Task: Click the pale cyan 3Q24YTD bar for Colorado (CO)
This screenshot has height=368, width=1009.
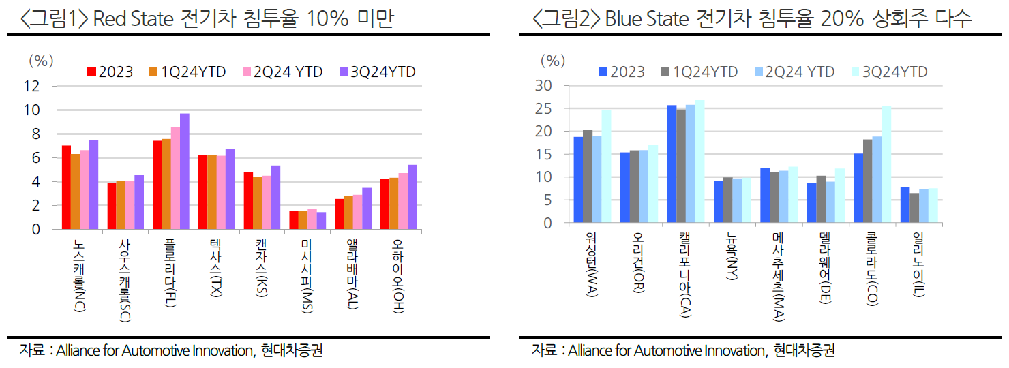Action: (x=886, y=164)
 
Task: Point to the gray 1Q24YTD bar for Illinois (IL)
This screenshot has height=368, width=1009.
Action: (x=914, y=208)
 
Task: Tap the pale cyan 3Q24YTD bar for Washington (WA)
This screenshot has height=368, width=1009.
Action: (x=606, y=166)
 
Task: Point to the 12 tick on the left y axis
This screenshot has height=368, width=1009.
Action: (x=31, y=86)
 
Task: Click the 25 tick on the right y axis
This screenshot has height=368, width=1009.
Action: (x=543, y=108)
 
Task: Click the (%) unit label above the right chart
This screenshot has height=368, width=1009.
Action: (x=553, y=60)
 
